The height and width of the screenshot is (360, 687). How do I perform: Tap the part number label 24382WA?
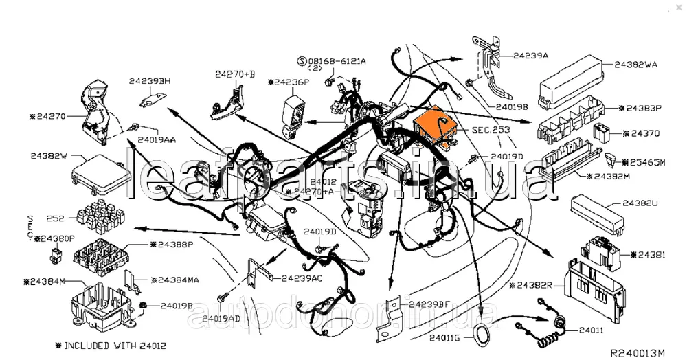(x=635, y=65)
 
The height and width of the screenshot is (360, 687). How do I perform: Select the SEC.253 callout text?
(x=491, y=129)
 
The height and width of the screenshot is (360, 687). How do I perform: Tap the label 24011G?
(x=447, y=337)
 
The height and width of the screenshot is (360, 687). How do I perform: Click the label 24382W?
(x=50, y=156)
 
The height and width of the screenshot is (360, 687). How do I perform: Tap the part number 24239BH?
(x=149, y=80)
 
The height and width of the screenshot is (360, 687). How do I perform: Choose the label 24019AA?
(x=157, y=139)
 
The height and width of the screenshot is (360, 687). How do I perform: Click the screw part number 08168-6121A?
(x=336, y=61)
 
